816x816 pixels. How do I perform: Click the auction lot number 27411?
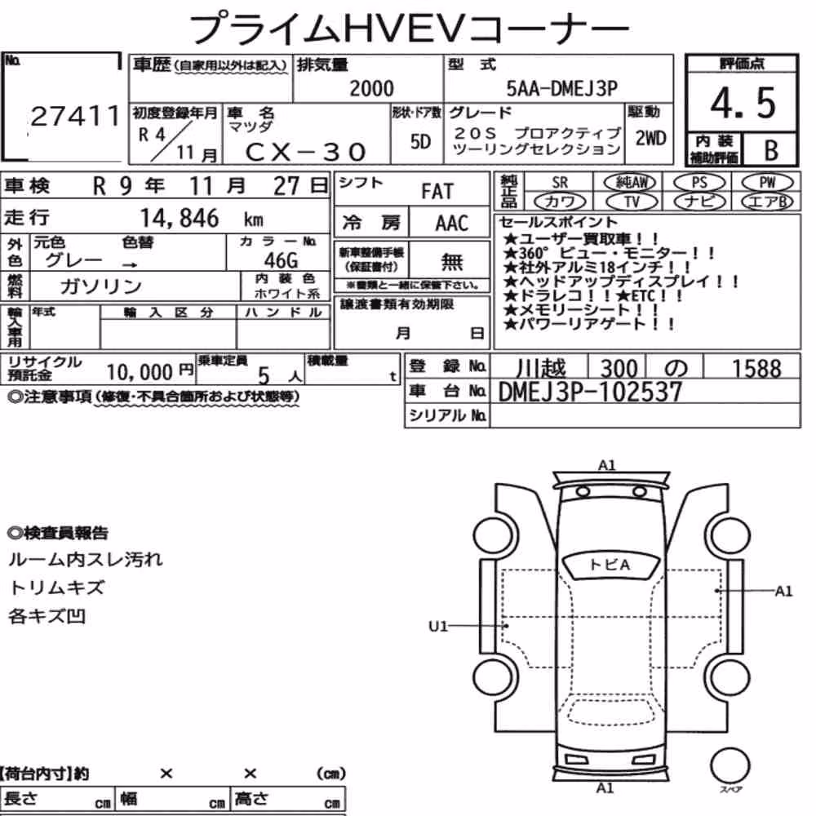75,116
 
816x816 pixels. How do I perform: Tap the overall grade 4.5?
743,103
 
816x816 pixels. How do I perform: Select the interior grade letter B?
771,150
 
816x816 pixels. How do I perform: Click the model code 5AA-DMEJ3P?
561,88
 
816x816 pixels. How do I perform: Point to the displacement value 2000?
371,88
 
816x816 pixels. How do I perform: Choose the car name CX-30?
305,152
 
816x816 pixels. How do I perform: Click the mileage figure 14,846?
180,218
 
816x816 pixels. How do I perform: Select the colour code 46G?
281,259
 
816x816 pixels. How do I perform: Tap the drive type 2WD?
650,139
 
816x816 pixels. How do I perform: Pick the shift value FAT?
437,192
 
